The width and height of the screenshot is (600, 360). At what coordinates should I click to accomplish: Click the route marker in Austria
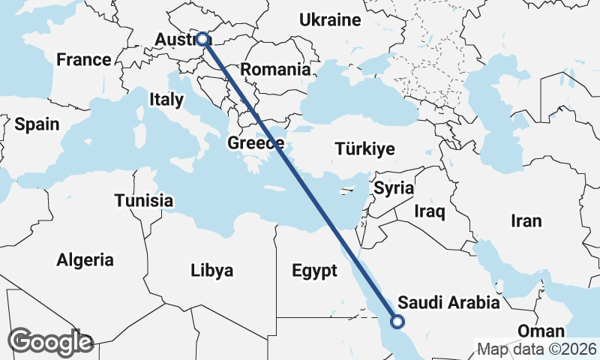click(202, 38)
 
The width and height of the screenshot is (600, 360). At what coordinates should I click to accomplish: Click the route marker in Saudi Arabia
click(397, 322)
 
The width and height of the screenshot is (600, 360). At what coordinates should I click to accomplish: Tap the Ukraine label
click(330, 20)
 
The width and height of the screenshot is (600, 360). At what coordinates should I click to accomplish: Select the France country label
click(84, 60)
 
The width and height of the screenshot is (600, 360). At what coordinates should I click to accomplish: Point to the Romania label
click(276, 70)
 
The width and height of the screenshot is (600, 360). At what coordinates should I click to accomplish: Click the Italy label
click(166, 99)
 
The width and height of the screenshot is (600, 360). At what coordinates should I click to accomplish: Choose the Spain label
click(37, 124)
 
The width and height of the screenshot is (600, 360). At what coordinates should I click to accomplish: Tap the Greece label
click(256, 143)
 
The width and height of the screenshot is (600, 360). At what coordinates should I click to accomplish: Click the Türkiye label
click(365, 149)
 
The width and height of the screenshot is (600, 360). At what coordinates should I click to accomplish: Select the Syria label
click(394, 188)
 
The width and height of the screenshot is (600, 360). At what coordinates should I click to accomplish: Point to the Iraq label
click(430, 212)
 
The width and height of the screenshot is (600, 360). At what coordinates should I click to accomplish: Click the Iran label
click(526, 221)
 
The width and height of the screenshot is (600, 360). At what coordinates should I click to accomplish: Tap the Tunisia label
click(144, 201)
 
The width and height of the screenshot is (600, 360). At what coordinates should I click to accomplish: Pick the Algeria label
click(85, 260)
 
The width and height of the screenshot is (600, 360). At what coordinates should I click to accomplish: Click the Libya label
click(211, 270)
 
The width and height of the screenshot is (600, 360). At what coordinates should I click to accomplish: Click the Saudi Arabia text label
click(448, 303)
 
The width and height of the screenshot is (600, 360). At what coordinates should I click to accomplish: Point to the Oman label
click(541, 331)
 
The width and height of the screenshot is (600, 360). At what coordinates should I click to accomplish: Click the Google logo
click(50, 342)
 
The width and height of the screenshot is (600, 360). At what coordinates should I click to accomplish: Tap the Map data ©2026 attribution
click(537, 349)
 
